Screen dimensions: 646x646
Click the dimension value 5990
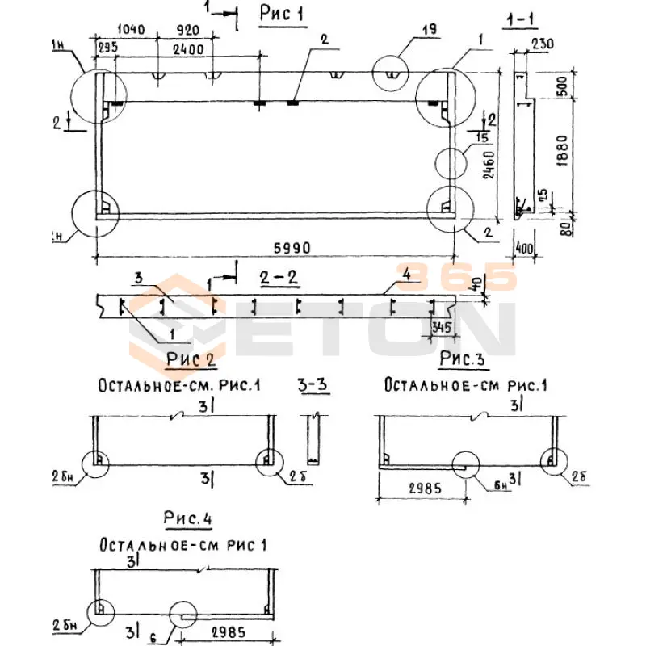point(292,247)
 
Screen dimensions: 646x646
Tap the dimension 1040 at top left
point(130,31)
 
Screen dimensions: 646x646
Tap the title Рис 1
point(283,14)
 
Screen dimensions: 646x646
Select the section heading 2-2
point(280,279)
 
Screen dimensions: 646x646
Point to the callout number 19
point(429,30)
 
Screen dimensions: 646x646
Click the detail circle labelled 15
point(455,162)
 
